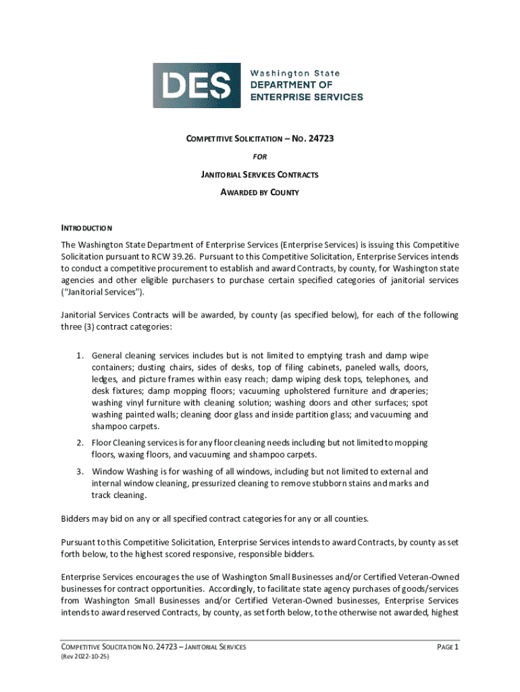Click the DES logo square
click(x=197, y=85)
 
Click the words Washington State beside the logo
click(x=295, y=73)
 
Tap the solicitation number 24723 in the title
click(x=321, y=139)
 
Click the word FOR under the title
click(x=260, y=157)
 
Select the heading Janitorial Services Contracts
click(x=260, y=175)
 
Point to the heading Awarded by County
click(x=260, y=193)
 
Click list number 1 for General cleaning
click(x=79, y=355)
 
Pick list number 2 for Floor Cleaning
click(x=79, y=443)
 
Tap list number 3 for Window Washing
click(x=79, y=472)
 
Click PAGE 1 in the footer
click(x=448, y=647)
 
